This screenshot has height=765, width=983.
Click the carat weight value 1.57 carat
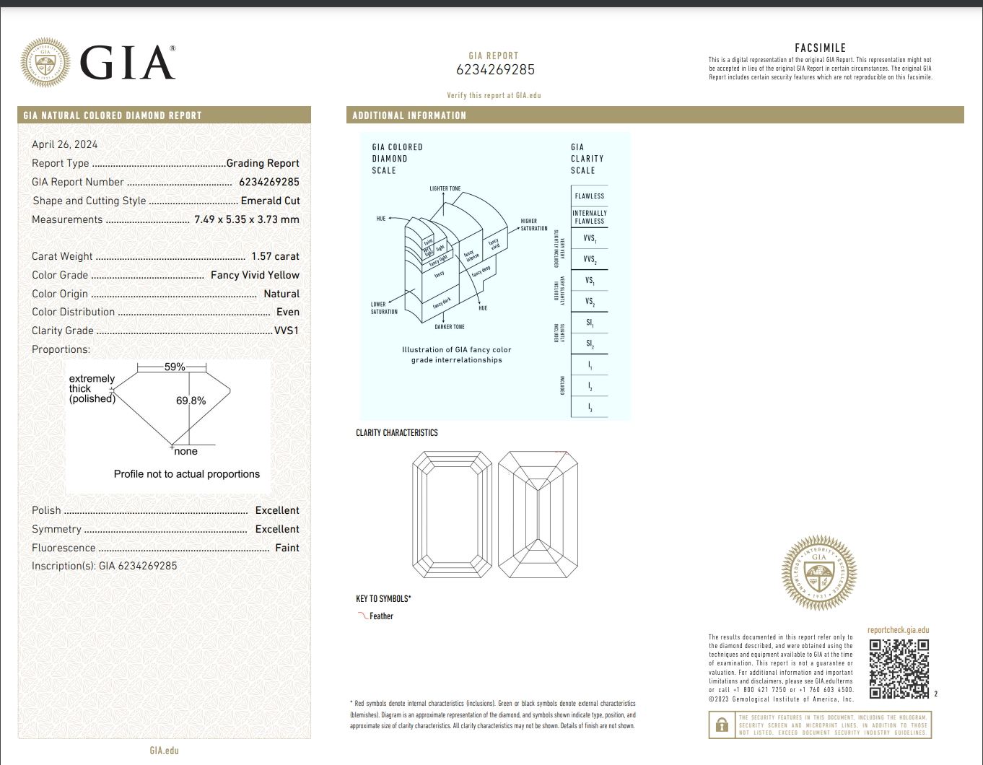[x=275, y=256]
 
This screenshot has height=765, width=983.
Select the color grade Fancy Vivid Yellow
[x=255, y=275]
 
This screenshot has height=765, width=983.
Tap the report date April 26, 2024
[x=64, y=144]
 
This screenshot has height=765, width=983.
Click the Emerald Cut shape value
[x=270, y=201]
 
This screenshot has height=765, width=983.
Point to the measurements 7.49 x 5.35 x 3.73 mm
[x=246, y=219]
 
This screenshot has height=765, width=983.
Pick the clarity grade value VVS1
[x=287, y=331]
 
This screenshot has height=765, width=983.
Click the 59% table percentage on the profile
[x=175, y=367]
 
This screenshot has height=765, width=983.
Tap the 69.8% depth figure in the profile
[x=191, y=401]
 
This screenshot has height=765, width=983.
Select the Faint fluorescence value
[x=287, y=548]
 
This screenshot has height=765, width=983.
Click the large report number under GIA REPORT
[x=495, y=70]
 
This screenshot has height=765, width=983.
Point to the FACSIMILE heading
[x=820, y=48]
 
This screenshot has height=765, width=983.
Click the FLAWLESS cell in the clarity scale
[x=589, y=196]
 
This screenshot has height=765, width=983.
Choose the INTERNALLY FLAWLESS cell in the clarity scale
[x=589, y=217]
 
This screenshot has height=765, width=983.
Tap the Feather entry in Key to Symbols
[x=381, y=616]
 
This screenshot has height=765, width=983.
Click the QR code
[x=899, y=668]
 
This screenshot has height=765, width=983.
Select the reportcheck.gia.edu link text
[x=898, y=630]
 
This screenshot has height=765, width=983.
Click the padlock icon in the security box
[x=722, y=725]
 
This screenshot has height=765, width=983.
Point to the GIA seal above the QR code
[x=819, y=573]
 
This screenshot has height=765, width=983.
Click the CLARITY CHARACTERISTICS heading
[x=396, y=433]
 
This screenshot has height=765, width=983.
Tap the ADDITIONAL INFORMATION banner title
[x=409, y=115]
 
